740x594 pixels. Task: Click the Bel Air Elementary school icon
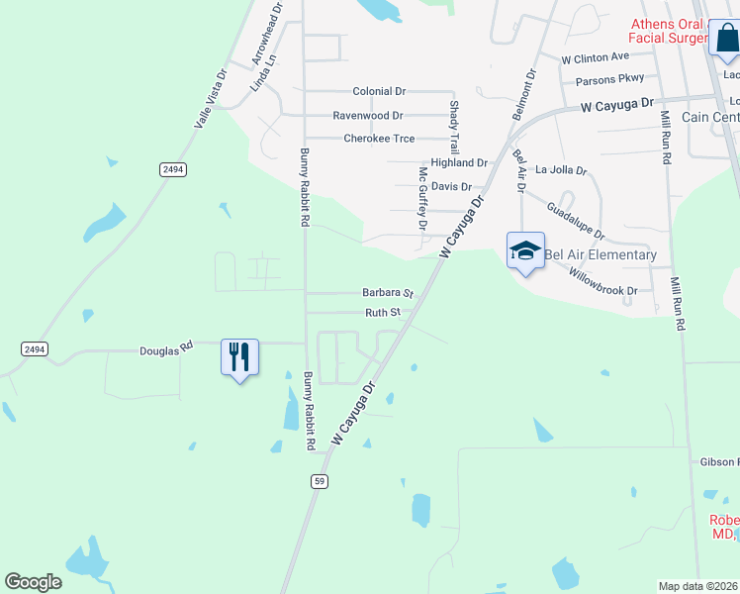click(525, 250)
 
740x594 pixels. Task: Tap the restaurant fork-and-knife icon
click(238, 355)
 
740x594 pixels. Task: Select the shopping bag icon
click(724, 38)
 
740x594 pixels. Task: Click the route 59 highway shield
click(319, 481)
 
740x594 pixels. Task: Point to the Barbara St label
click(387, 293)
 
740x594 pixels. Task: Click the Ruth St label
click(383, 312)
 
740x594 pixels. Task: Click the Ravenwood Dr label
click(368, 116)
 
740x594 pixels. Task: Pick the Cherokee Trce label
click(379, 139)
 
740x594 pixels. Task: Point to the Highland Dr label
click(459, 162)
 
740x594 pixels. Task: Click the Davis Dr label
click(451, 186)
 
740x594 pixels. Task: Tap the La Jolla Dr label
click(561, 169)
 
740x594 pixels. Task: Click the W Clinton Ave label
click(596, 57)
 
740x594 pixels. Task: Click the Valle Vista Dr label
click(211, 98)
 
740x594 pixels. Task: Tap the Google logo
click(34, 582)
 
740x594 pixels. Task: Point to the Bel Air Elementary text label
click(601, 254)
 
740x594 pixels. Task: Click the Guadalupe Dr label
click(575, 221)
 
